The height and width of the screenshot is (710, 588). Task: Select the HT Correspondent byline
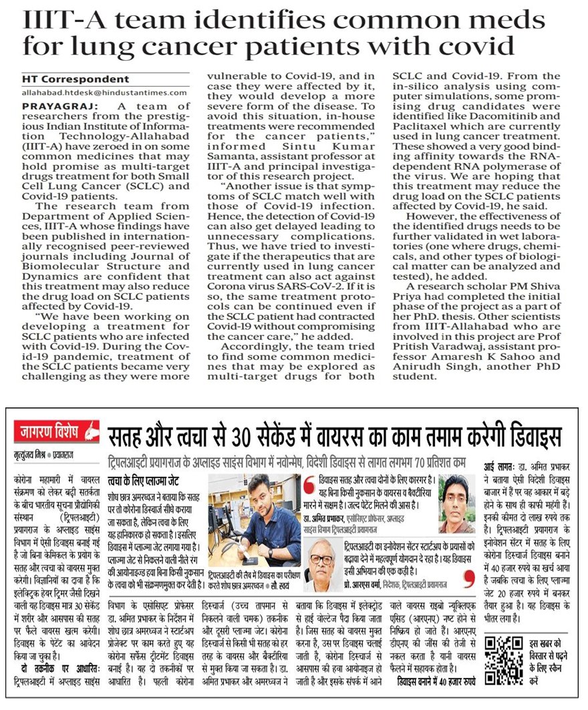tap(76, 79)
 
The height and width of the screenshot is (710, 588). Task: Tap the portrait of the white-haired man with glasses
tap(325, 564)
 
